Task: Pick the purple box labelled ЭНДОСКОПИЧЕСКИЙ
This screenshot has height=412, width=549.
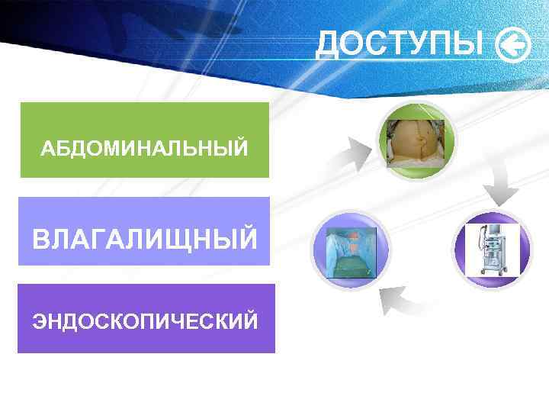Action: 146,318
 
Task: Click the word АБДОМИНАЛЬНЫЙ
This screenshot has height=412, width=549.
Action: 144,147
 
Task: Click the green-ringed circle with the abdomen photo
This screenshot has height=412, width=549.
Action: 416,140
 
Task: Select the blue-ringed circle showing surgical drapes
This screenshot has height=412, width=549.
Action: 350,249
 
